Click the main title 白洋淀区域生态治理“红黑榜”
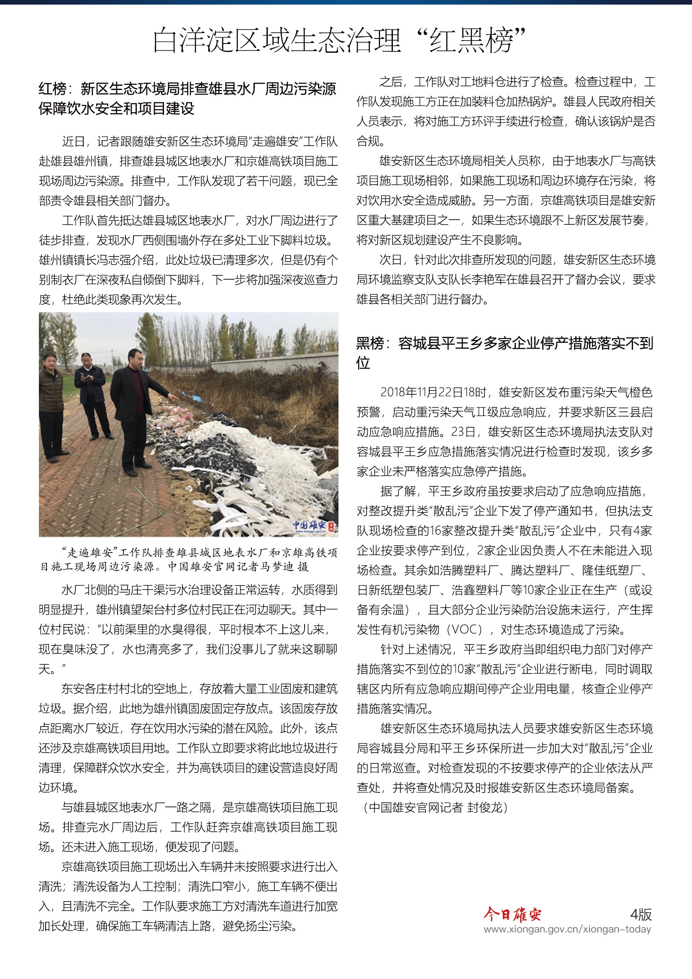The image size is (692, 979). coord(339,40)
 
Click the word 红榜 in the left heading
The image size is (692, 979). coord(52,89)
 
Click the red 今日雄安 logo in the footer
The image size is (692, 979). coord(512,914)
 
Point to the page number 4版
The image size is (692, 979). coord(641,914)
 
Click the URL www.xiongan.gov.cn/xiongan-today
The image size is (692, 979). coord(567,930)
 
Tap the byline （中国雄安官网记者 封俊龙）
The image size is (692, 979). coord(434,807)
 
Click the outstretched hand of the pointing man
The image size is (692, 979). coord(174,397)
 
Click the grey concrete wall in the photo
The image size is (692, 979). coord(273,362)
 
